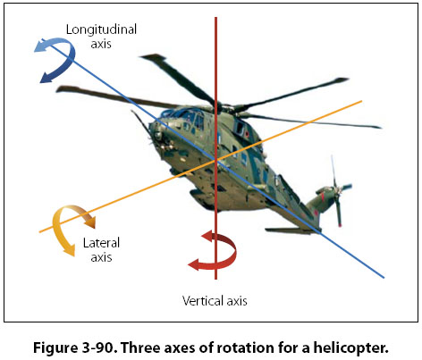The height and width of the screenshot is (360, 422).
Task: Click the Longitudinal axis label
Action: click(101, 37)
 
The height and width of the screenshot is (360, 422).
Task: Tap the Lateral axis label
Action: click(101, 250)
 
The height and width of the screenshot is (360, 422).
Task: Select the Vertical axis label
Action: click(215, 301)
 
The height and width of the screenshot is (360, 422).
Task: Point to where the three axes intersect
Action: click(216, 161)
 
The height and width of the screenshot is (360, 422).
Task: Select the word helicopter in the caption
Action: click(350, 347)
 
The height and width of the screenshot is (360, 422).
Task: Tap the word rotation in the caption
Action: click(242, 347)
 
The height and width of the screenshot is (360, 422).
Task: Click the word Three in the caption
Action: click(140, 347)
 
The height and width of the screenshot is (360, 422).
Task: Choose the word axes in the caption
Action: click(180, 348)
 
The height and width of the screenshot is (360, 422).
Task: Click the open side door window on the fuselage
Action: click(241, 128)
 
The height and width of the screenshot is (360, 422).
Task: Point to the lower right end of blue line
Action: click(384, 278)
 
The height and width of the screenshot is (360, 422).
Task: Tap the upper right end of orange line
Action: click(362, 101)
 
